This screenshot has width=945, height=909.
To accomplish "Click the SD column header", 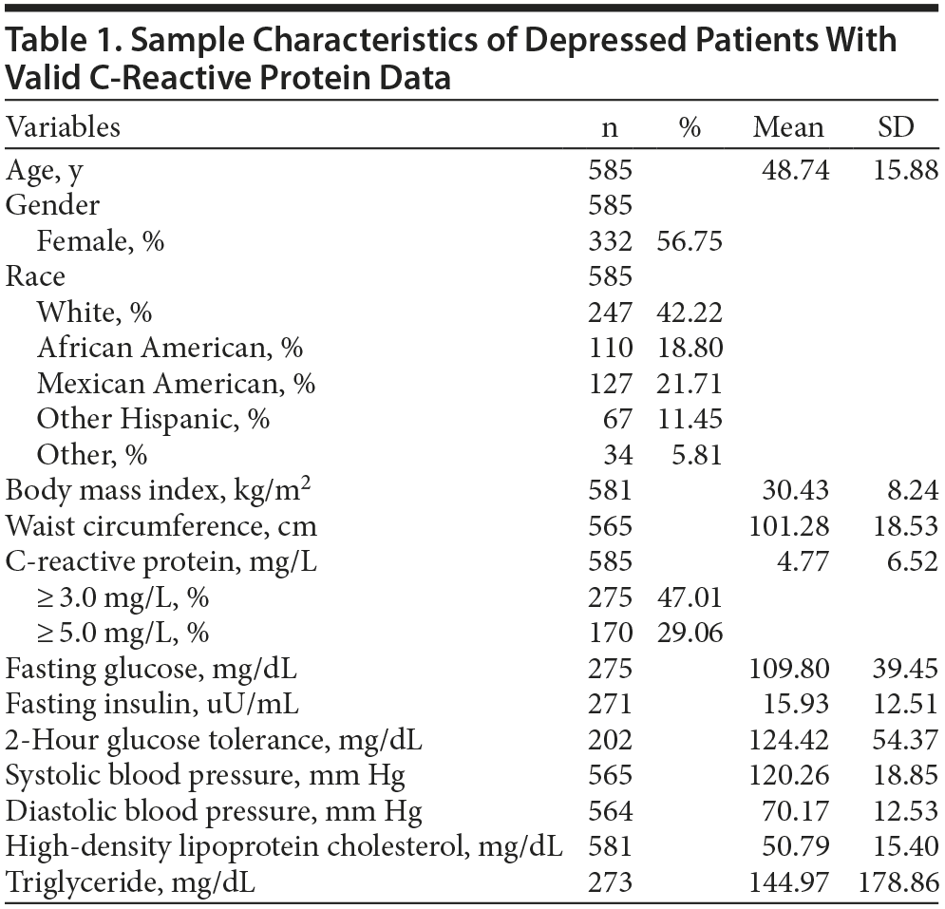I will pos(895,127).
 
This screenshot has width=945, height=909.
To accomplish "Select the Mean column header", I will pos(788,127).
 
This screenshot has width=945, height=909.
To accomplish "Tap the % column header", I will pos(690,127).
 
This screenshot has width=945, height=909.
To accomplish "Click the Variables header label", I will pos(64,127).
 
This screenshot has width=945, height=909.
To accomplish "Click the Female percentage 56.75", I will pos(690,241).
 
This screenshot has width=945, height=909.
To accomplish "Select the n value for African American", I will pos(610,349).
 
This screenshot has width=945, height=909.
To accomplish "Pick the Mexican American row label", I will pos(177,384).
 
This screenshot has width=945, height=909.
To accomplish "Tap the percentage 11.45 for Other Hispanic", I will pos(690,420).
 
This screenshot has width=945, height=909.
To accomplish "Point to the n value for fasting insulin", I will pos(610,705).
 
